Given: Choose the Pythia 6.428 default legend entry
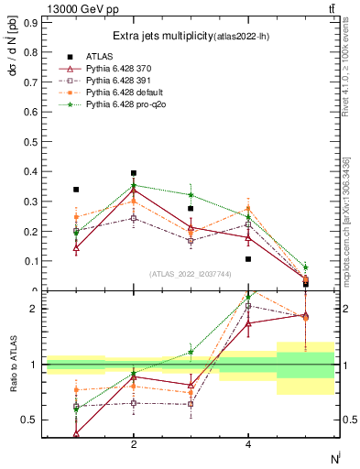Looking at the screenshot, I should click(x=122, y=93).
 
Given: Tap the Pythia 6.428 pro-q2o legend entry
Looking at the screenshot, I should click(x=123, y=106).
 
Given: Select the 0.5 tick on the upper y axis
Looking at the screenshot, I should click(x=30, y=142).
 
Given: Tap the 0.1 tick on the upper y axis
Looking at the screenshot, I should click(x=30, y=261).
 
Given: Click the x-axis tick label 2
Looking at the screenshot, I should click(x=134, y=444).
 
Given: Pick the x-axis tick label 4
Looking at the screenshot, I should click(x=248, y=444).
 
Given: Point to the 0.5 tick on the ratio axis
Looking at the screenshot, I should click(x=30, y=420).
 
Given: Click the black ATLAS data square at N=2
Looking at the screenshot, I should click(x=134, y=173).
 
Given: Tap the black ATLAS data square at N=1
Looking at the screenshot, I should click(x=76, y=190).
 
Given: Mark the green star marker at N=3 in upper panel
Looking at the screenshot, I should click(x=191, y=194).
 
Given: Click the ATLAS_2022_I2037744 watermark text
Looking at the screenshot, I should click(x=191, y=274).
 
